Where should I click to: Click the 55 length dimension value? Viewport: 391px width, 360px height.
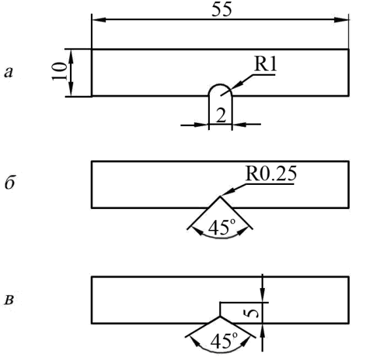pyautogui.click(x=222, y=10)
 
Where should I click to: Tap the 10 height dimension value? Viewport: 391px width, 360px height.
pyautogui.click(x=59, y=71)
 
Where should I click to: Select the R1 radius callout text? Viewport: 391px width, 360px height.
pyautogui.click(x=265, y=65)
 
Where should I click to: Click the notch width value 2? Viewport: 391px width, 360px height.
pyautogui.click(x=221, y=116)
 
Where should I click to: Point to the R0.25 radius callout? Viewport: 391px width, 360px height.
pyautogui.click(x=271, y=173)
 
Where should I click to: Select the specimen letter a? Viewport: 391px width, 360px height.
pyautogui.click(x=8, y=73)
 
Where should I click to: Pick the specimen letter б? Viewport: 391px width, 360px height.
pyautogui.click(x=9, y=184)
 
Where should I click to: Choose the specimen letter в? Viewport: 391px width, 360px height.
pyautogui.click(x=9, y=300)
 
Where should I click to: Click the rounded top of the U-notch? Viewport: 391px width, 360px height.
pyautogui.click(x=220, y=85)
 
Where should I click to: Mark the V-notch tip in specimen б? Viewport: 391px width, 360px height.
pyautogui.click(x=220, y=197)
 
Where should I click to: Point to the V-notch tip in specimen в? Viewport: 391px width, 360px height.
pyautogui.click(x=220, y=316)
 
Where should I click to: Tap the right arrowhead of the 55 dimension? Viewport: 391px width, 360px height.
pyautogui.click(x=341, y=20)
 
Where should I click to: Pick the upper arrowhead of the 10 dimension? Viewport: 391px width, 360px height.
pyautogui.click(x=71, y=56)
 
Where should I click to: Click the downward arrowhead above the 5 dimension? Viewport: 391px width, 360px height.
pyautogui.click(x=263, y=295)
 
